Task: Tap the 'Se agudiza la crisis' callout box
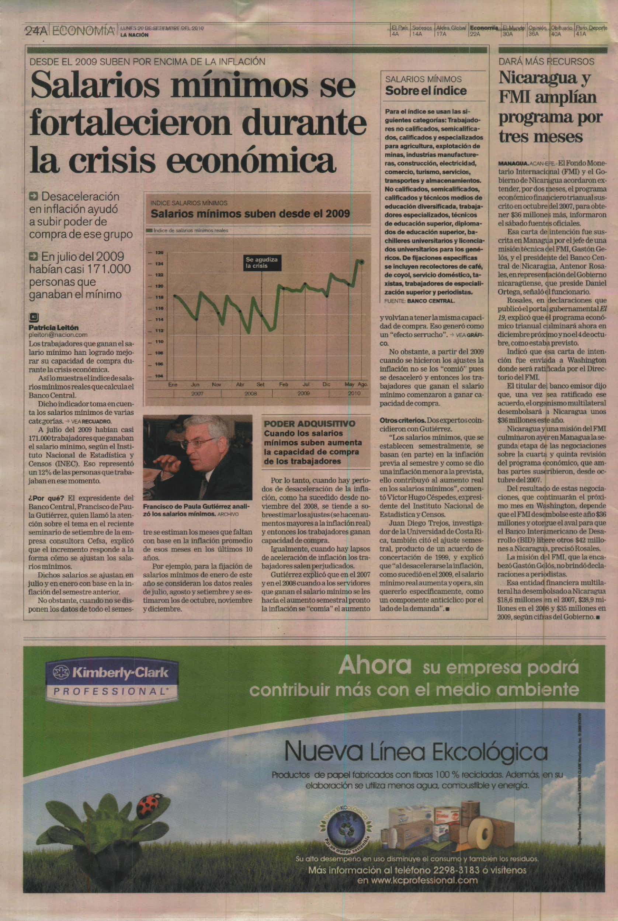click(x=262, y=263)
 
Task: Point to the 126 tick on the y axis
click(x=159, y=252)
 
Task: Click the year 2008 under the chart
click(x=251, y=393)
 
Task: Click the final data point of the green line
click(x=362, y=262)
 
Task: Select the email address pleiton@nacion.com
click(x=58, y=335)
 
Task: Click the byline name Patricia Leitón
click(x=53, y=327)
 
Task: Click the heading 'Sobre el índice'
click(x=426, y=91)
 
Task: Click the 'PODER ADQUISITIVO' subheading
click(x=309, y=424)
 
